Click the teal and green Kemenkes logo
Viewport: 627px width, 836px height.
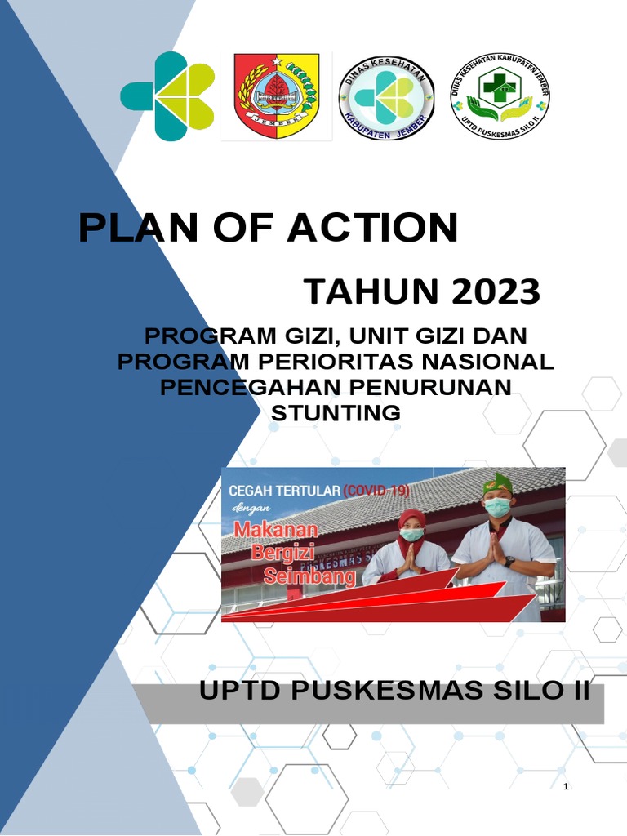pos(167,96)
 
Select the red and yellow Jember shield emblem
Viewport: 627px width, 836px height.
pos(277,96)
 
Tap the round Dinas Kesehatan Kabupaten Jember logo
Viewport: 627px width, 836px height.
pos(385,99)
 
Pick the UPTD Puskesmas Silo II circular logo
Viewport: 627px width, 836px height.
pos(500,99)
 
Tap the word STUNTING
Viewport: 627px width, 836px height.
pos(336,412)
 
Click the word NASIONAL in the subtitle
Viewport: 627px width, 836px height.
pos(490,361)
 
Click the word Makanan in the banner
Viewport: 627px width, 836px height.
pos(276,529)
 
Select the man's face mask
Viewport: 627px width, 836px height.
pos(497,508)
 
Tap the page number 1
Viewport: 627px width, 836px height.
pos(566,786)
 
